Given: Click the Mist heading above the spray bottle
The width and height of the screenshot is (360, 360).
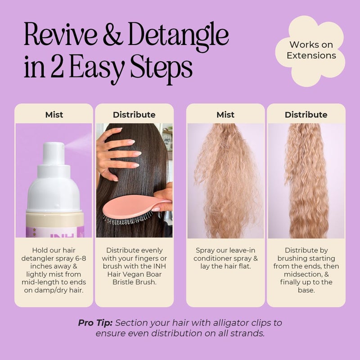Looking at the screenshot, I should pyautogui.click(x=54, y=115).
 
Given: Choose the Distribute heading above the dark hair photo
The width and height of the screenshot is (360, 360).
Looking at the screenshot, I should pyautogui.click(x=134, y=115).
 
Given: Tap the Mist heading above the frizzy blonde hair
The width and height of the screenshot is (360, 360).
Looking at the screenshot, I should pyautogui.click(x=225, y=115).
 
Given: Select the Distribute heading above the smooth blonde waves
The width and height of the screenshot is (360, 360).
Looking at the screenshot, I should pyautogui.click(x=306, y=115).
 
